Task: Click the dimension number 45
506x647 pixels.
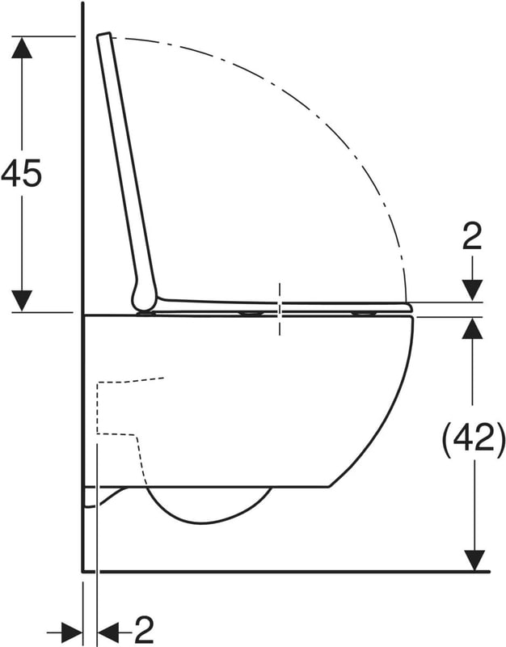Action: [x=22, y=172]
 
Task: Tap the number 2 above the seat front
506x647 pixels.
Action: [x=472, y=237]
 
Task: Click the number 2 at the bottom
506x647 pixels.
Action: [x=144, y=630]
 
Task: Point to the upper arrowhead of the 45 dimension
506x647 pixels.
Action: [x=22, y=47]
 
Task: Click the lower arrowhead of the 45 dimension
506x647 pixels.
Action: [x=22, y=301]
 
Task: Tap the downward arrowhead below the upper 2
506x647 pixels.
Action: [x=472, y=290]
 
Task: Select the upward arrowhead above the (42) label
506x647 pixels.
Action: [x=473, y=328]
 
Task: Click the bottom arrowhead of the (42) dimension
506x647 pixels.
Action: [x=474, y=560]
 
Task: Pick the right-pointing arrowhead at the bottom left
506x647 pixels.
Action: [x=72, y=632]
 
